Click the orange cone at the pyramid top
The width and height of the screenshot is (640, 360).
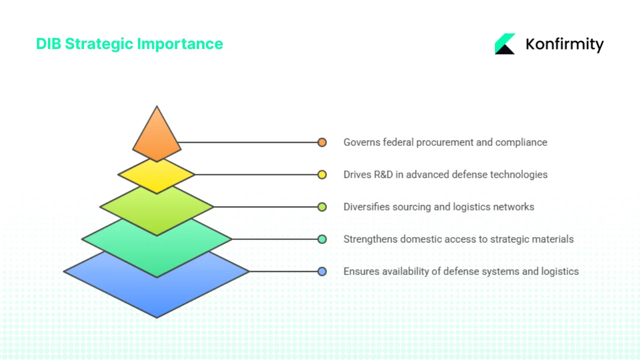click(156, 137)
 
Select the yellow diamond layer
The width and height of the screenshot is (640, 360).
click(156, 177)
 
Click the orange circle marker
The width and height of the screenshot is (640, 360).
click(322, 142)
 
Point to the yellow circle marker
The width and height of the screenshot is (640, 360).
click(322, 174)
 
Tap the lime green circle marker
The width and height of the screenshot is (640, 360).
click(322, 207)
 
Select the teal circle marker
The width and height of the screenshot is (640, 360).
click(322, 239)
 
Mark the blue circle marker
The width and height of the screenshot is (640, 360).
click(322, 271)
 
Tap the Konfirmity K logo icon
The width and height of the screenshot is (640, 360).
click(505, 44)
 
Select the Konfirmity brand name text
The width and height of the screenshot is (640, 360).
click(564, 44)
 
